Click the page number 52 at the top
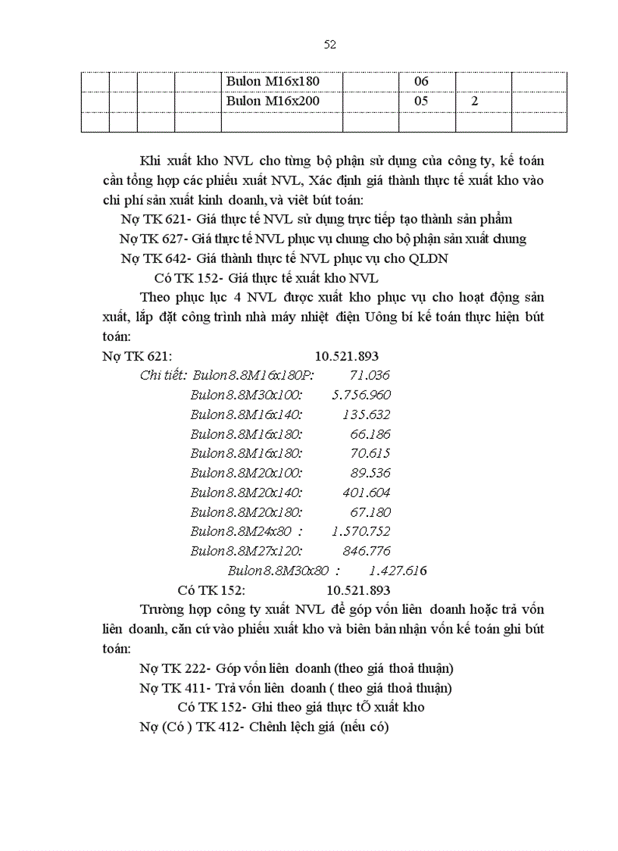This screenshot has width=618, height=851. coord(329,45)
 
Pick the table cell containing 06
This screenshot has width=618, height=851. coord(421,82)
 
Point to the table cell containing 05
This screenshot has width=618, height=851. coord(421,101)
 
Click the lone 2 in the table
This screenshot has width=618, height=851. coord(474,101)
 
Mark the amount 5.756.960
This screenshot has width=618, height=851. coord(361,395)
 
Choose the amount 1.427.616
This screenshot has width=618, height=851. coord(398,571)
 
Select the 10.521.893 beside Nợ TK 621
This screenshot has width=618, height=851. coord(347,355)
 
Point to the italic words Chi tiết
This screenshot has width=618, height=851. coord(163,375)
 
